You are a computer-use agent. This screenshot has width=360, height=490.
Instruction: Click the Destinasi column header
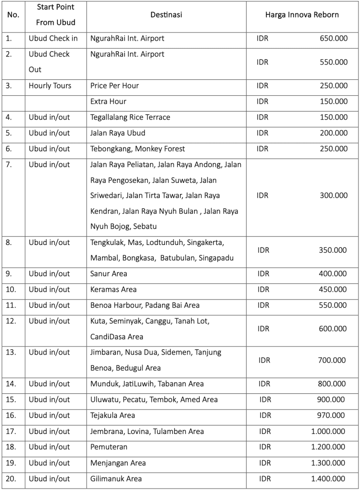pyautogui.click(x=166, y=15)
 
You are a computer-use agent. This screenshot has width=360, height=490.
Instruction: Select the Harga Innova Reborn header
pyautogui.click(x=302, y=15)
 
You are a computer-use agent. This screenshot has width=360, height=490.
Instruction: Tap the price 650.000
pyautogui.click(x=334, y=38)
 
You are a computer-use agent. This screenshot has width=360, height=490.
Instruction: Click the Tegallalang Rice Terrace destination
pyautogui.click(x=130, y=117)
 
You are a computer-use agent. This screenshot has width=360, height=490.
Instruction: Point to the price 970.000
pyautogui.click(x=331, y=415)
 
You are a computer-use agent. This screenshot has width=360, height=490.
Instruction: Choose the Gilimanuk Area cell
pyautogui.click(x=116, y=479)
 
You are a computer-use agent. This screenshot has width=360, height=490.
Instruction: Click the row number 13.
pyautogui.click(x=11, y=352)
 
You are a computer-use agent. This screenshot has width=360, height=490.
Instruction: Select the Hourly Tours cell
pyautogui.click(x=50, y=86)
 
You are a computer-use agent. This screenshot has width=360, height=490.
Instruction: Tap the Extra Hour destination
pyautogui.click(x=108, y=101)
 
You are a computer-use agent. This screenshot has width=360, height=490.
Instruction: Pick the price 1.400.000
pyautogui.click(x=328, y=479)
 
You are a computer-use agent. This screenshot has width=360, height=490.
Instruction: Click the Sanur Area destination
pyautogui.click(x=109, y=274)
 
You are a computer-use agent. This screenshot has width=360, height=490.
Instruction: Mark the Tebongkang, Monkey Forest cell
pyautogui.click(x=137, y=149)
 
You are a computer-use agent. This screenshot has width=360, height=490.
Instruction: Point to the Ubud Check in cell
pyautogui.click(x=53, y=38)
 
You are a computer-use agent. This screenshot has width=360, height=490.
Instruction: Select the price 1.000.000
pyautogui.click(x=328, y=431)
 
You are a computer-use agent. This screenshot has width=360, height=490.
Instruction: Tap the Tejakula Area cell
pyautogui.click(x=112, y=415)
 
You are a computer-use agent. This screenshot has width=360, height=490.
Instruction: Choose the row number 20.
pyautogui.click(x=11, y=479)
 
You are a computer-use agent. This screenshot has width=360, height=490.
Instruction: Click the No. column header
pyautogui.click(x=13, y=15)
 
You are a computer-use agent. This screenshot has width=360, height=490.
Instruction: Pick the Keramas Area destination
pyautogui.click(x=113, y=290)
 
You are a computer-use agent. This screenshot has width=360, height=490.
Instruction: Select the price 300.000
pyautogui.click(x=334, y=195)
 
